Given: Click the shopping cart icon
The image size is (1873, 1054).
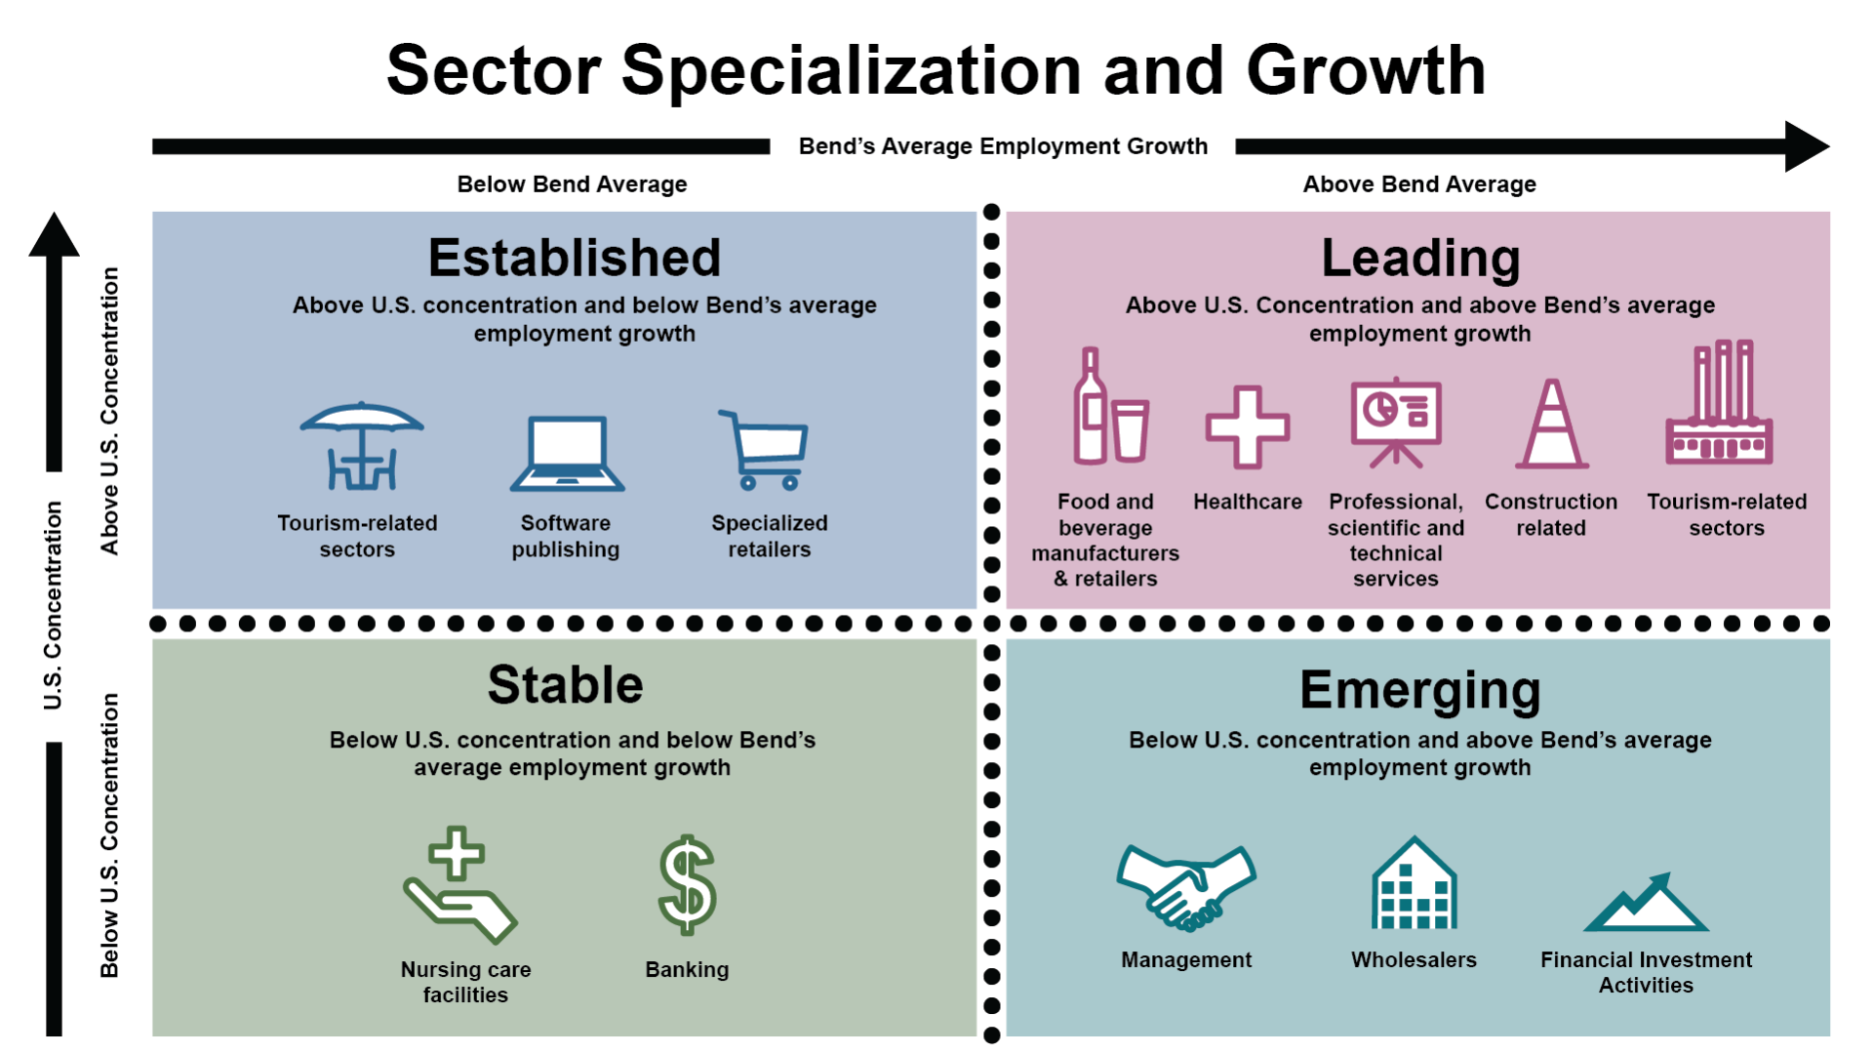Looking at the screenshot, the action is pyautogui.click(x=764, y=450).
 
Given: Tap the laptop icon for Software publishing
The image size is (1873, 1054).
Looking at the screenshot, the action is pyautogui.click(x=567, y=453).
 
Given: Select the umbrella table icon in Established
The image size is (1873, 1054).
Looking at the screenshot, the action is pyautogui.click(x=362, y=445).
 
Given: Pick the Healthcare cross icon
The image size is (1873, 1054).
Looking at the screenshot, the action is pyautogui.click(x=1248, y=426).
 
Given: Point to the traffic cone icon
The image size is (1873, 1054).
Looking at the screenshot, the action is pyautogui.click(x=1552, y=424).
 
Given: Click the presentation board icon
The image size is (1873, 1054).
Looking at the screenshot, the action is pyautogui.click(x=1396, y=422).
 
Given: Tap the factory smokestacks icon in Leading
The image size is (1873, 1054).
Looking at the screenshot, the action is pyautogui.click(x=1719, y=402).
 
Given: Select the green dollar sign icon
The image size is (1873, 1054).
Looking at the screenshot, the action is pyautogui.click(x=687, y=885).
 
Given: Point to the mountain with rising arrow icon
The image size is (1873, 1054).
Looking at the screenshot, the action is pyautogui.click(x=1646, y=902).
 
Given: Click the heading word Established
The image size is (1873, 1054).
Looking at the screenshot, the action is pyautogui.click(x=575, y=258).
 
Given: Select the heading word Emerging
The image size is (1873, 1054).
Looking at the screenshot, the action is pyautogui.click(x=1419, y=691).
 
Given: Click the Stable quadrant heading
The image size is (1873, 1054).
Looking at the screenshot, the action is pyautogui.click(x=566, y=684).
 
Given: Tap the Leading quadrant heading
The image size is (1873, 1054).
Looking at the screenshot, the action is pyautogui.click(x=1420, y=259).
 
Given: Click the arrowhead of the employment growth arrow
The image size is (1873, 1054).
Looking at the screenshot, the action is pyautogui.click(x=1807, y=146).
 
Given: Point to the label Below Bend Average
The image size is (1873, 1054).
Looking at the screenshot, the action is pyautogui.click(x=572, y=184).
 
